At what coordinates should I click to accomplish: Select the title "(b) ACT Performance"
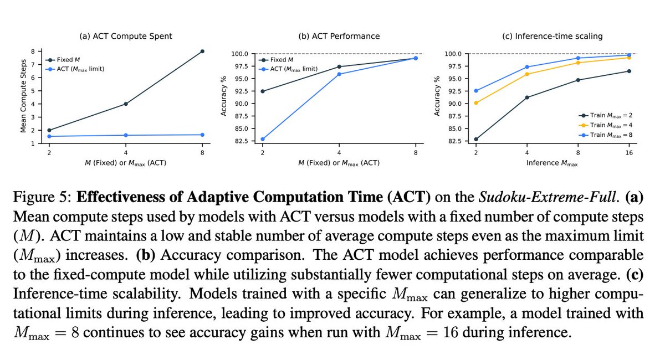(x=339, y=37)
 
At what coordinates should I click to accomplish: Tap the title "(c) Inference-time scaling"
(x=552, y=37)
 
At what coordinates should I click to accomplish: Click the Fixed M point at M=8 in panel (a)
(x=202, y=51)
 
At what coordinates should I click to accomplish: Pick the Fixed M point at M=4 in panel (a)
(x=126, y=104)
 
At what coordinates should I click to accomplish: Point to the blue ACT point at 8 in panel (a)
(x=202, y=135)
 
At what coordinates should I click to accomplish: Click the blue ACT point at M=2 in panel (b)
(x=263, y=139)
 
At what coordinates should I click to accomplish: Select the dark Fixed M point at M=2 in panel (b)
(x=263, y=91)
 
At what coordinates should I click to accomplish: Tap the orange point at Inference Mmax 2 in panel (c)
(x=476, y=102)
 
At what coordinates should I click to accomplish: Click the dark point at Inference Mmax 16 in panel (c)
(x=629, y=71)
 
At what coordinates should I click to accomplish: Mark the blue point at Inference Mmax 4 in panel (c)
(x=527, y=67)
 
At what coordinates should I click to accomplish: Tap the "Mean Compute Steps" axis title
(x=24, y=97)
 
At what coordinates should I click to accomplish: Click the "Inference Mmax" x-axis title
(x=552, y=163)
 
